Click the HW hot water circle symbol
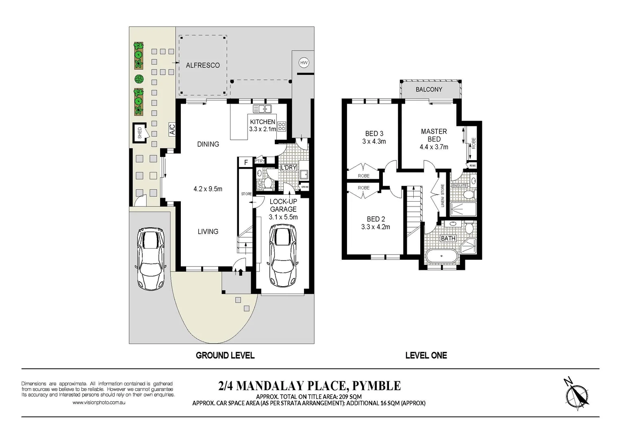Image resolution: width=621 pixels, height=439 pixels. (x=304, y=63)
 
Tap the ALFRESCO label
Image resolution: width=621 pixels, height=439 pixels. (x=202, y=65)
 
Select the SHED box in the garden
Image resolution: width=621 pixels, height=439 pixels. (x=140, y=133)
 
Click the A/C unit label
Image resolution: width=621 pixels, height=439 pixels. (x=172, y=130)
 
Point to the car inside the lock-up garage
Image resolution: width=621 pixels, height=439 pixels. (x=283, y=257)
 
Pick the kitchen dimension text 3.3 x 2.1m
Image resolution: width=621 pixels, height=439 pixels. (x=263, y=129)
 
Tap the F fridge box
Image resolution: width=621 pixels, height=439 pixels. (x=246, y=162)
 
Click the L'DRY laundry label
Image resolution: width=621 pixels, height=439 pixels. (x=289, y=167)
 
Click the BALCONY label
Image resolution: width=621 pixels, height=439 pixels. (x=429, y=89)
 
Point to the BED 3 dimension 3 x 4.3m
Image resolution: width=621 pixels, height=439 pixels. (x=374, y=141)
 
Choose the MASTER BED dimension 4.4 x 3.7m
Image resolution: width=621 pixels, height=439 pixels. (x=434, y=147)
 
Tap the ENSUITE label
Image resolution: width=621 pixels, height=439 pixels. (x=460, y=185)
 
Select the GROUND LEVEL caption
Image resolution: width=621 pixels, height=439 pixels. (x=225, y=355)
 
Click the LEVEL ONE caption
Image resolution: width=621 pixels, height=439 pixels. (x=426, y=355)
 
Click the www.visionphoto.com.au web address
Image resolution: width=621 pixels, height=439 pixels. (x=99, y=402)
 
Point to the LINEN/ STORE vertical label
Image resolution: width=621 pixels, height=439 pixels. (x=443, y=196)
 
